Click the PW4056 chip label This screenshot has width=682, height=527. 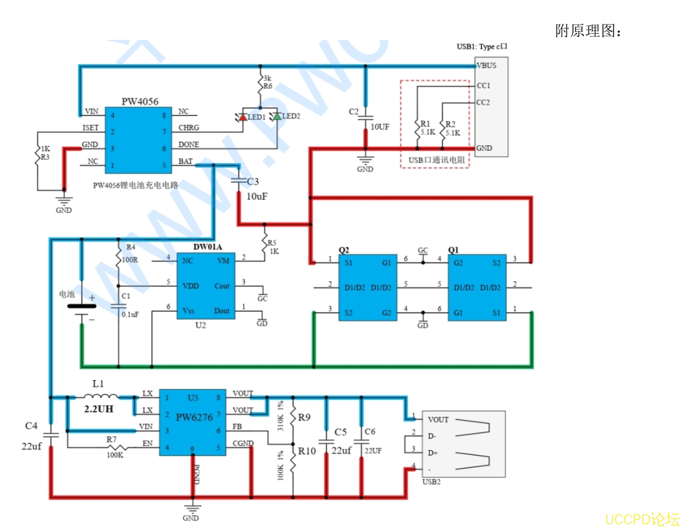tap(140, 101)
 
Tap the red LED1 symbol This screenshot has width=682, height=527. tap(242, 117)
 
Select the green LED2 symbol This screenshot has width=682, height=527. tap(277, 116)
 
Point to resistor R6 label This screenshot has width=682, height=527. tap(268, 86)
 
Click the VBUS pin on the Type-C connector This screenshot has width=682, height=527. tap(486, 66)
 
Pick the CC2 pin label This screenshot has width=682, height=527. tap(483, 102)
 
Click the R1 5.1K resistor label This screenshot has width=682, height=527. tap(427, 128)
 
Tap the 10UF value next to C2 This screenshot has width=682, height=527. tap(380, 127)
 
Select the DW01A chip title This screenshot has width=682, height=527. tap(208, 247)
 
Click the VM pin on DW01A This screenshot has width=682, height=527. tap(223, 260)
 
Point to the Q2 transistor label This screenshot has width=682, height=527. tap(344, 250)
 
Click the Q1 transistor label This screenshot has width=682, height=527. tap(453, 250)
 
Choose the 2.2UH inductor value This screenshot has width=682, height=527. tap(99, 408)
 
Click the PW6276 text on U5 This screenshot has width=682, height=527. tap(194, 417)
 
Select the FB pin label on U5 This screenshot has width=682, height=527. tap(237, 427)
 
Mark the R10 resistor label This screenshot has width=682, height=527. tap(307, 451)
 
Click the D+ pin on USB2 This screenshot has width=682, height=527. tap(433, 453)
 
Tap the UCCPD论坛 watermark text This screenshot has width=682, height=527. tap(642, 518)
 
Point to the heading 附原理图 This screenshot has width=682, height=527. tap(588, 31)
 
